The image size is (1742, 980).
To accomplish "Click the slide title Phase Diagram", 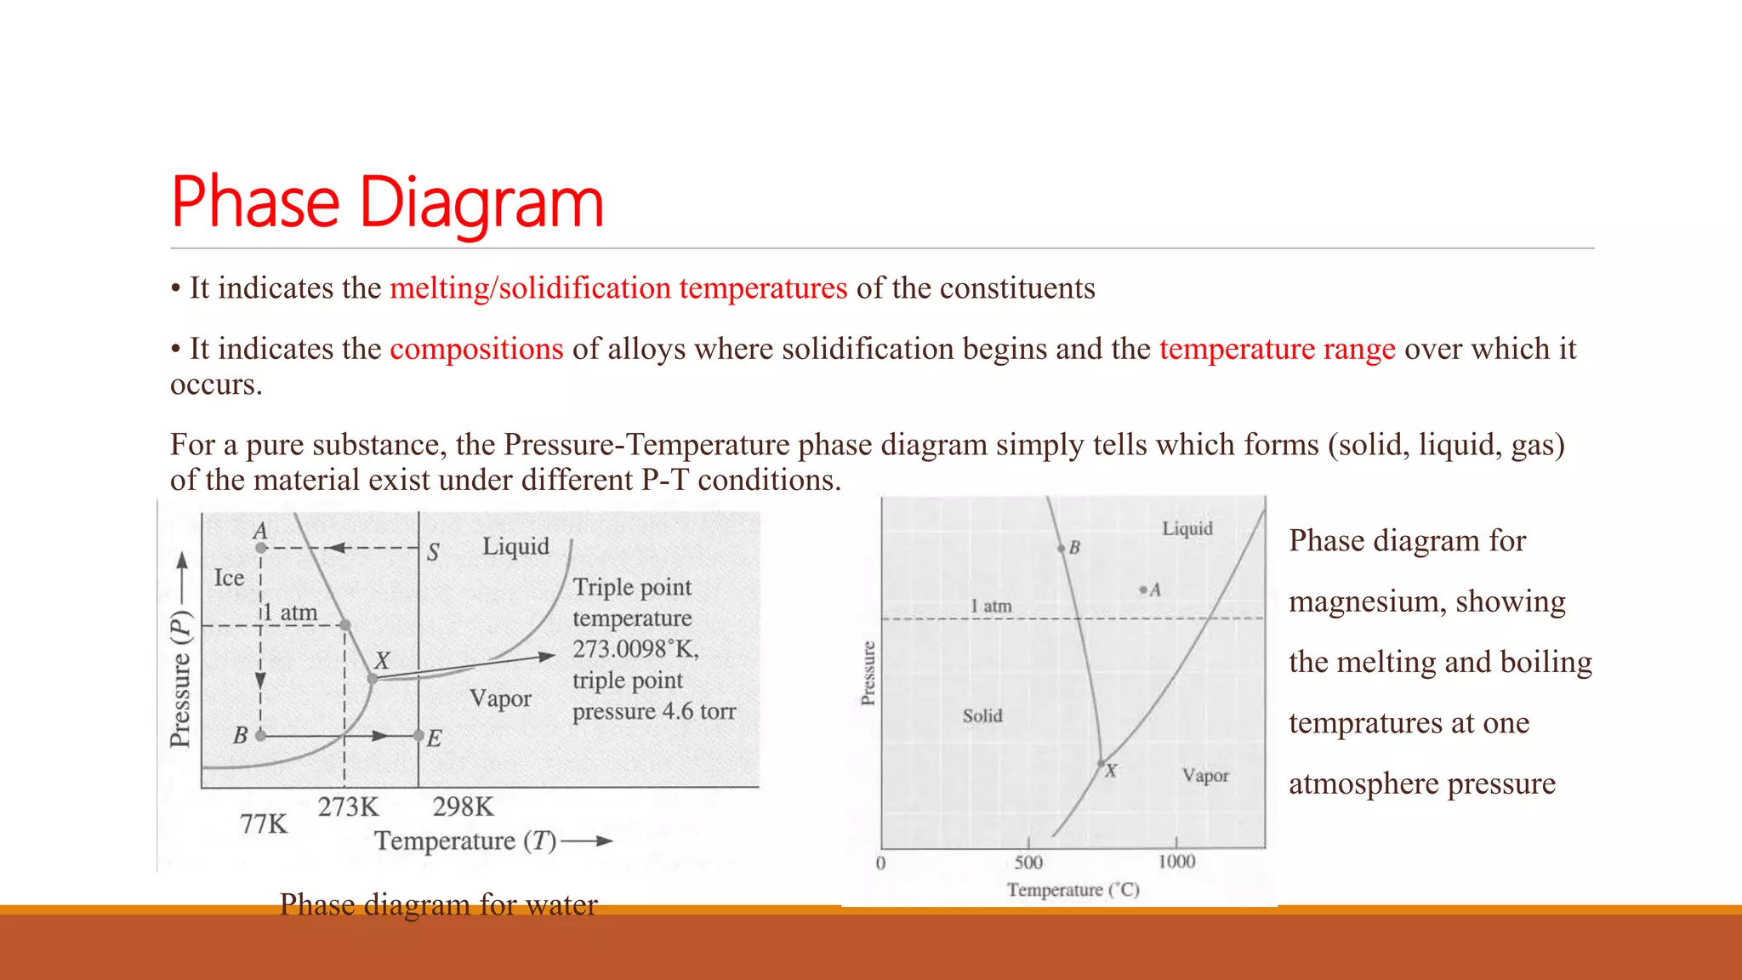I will coord(387,202).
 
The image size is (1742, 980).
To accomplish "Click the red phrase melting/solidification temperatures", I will coord(618,288).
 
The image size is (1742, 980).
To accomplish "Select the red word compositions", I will coord(476,349).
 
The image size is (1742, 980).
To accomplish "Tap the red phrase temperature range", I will coord(1277,349).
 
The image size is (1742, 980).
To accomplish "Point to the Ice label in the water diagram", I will coord(229,578).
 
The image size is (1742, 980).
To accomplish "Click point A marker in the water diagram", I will coord(261,548).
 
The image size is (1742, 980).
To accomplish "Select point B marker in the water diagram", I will coord(260,735).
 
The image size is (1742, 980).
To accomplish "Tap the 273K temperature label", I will coord(348,806).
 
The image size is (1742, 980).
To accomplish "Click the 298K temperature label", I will coord(463,806).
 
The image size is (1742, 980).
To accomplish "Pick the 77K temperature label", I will coord(264,823).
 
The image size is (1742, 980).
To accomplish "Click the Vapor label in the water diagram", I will coord(500,698).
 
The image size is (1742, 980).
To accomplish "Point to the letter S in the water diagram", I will coord(433,553).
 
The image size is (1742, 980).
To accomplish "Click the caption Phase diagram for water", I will coord(438,904).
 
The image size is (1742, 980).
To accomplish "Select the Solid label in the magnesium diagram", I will coord(982,716).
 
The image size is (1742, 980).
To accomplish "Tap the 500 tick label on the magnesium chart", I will coord(1028,863).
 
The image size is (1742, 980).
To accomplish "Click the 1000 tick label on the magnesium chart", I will coord(1176,862).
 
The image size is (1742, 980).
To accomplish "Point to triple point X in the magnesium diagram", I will coord(1102,763).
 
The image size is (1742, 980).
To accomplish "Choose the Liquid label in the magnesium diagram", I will coord(1187,528).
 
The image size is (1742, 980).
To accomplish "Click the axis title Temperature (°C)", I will coord(1073,890).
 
